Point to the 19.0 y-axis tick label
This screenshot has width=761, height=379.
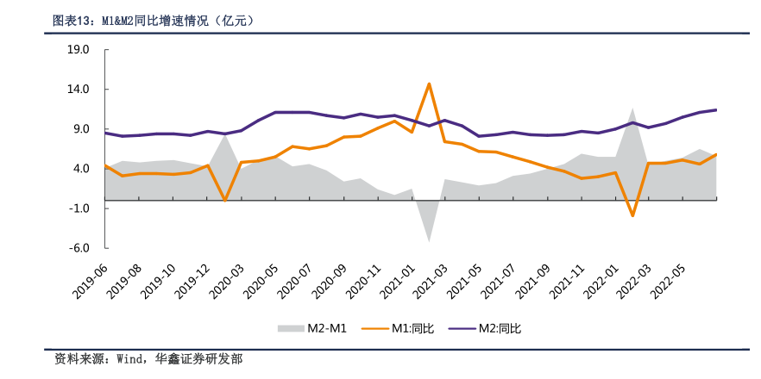coord(79,50)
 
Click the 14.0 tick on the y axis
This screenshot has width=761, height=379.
coord(79,90)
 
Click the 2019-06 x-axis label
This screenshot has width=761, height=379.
coord(90,281)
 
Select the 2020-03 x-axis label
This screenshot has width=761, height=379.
coord(225,281)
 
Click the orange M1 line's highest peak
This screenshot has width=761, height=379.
coord(429,84)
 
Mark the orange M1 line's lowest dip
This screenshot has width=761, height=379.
coord(632,215)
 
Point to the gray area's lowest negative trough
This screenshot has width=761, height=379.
coord(429,240)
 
